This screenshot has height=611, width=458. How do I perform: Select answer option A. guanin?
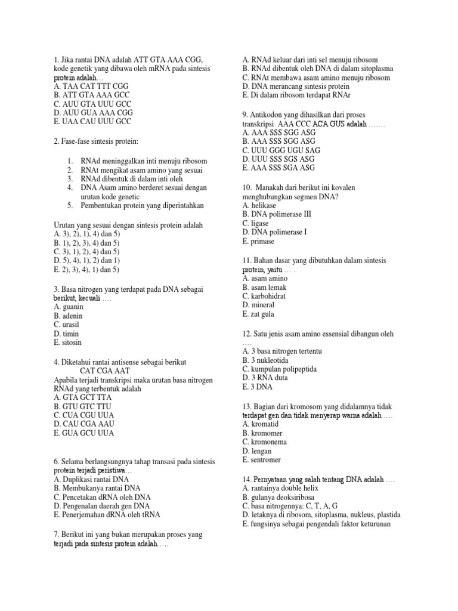coord(69,307)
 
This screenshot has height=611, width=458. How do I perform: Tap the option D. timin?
coord(66,334)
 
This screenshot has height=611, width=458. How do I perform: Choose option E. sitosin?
coord(68,342)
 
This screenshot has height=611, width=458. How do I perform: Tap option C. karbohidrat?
coord(267,296)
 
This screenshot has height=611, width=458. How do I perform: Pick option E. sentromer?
coord(265,460)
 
